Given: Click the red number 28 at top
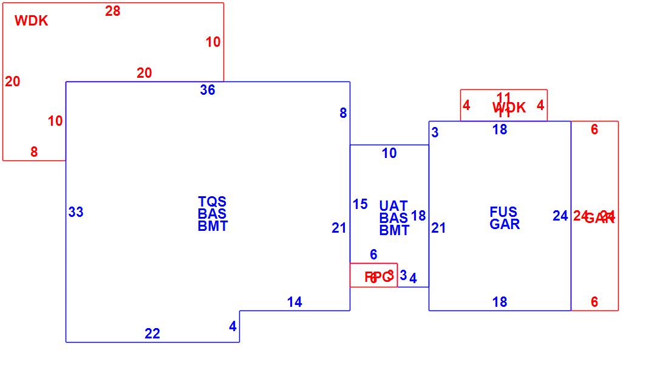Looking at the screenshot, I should (112, 11).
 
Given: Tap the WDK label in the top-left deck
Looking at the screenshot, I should (31, 21).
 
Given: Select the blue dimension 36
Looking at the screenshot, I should (208, 91).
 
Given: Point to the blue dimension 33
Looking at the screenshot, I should (76, 213).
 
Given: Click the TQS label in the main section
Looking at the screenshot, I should (212, 201).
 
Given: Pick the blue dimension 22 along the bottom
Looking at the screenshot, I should (152, 334).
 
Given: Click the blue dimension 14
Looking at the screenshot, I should (294, 303).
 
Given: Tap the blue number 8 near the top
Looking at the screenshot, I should (343, 113).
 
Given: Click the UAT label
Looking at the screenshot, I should (393, 206).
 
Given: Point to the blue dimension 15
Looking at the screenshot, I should (360, 205).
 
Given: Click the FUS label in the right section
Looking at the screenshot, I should (503, 212).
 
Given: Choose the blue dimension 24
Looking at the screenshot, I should (560, 216).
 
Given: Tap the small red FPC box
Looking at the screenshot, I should (374, 275).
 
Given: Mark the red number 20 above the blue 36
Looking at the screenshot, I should (144, 74).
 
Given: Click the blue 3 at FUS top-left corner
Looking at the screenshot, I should (435, 132).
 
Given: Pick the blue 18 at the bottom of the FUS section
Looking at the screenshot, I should (500, 303).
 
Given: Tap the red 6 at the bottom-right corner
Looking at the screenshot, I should (594, 303).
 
